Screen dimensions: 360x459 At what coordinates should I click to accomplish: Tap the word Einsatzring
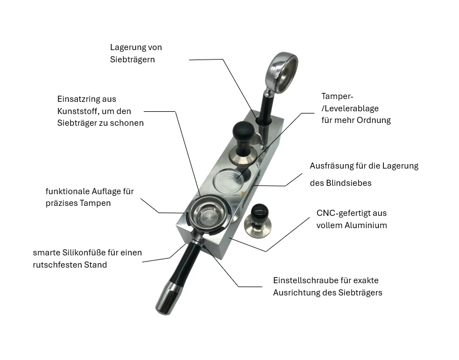point(80,98)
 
